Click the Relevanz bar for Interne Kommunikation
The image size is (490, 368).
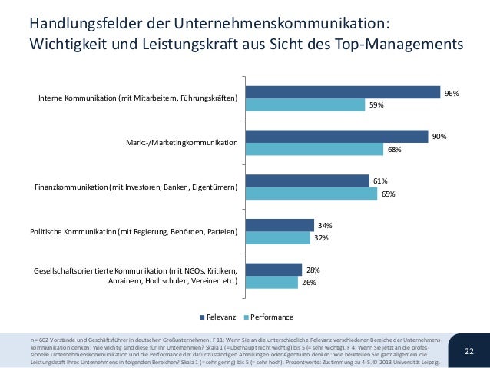pyautogui.click(x=342, y=93)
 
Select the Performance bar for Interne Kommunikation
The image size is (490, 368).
pyautogui.click(x=304, y=105)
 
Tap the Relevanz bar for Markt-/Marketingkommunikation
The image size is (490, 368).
pyautogui.click(x=336, y=137)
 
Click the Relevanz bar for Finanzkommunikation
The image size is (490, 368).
pyautogui.click(x=306, y=181)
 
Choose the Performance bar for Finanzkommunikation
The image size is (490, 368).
pyautogui.click(x=310, y=194)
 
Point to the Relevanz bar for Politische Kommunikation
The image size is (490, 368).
pyautogui.click(x=279, y=225)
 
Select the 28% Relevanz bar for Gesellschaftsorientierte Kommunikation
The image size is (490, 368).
pyautogui.click(x=273, y=270)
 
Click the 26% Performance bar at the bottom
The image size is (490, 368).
pyautogui.click(x=270, y=282)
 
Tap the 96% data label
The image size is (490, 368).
pyautogui.click(x=452, y=93)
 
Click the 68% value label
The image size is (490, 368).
pyautogui.click(x=394, y=150)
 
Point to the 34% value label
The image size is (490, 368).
pyautogui.click(x=325, y=225)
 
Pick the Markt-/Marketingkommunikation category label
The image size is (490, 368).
pyautogui.click(x=182, y=143)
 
